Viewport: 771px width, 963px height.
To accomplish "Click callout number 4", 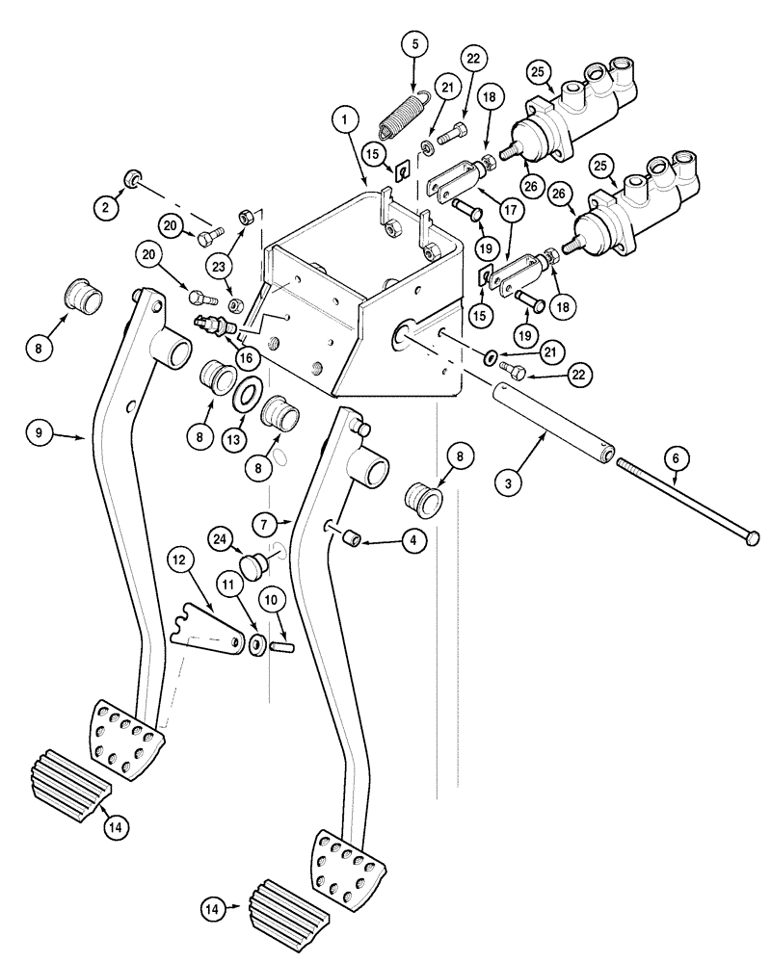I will coord(412,542).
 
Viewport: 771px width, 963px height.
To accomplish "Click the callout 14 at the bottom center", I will coord(216,906).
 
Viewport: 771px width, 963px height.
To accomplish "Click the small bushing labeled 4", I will coord(353,535).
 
